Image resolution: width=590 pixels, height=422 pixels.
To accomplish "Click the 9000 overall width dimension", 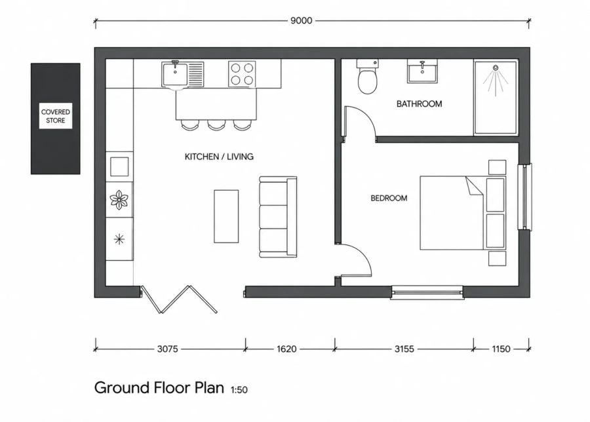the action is [x=302, y=21].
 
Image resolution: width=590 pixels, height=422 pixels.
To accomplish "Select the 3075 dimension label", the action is [x=167, y=349].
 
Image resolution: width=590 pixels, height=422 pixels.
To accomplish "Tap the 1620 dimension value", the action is [x=286, y=349].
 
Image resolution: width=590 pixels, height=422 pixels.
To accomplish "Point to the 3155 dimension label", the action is [x=404, y=349].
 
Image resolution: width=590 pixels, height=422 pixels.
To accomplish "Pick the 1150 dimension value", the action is [x=501, y=349].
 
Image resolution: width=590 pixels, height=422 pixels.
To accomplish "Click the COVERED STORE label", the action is [x=56, y=116].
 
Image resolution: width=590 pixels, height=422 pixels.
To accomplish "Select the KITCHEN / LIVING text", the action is [x=219, y=157].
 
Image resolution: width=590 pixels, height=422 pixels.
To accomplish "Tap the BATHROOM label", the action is [x=419, y=104].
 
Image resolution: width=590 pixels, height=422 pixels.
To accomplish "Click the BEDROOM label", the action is [x=389, y=198].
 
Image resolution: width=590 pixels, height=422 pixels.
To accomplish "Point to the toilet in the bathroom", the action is [x=368, y=77].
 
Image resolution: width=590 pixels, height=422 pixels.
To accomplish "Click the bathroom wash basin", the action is [x=422, y=71].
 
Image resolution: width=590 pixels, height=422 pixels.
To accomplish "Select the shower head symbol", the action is [x=496, y=68].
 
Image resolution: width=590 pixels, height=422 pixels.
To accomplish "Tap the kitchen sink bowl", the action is [x=174, y=74].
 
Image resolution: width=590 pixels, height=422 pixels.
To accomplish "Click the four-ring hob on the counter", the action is [x=242, y=74].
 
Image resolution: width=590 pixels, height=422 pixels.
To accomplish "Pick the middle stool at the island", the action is [x=216, y=125].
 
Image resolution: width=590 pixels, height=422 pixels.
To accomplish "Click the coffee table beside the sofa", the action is [x=226, y=216].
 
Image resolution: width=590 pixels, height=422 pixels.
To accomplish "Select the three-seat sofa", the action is [x=278, y=217].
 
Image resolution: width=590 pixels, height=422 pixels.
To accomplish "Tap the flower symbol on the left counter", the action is [x=119, y=200].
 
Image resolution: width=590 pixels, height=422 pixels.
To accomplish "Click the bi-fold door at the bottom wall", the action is [x=179, y=299].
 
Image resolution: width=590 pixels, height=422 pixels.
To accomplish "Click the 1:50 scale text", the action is [x=239, y=390].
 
